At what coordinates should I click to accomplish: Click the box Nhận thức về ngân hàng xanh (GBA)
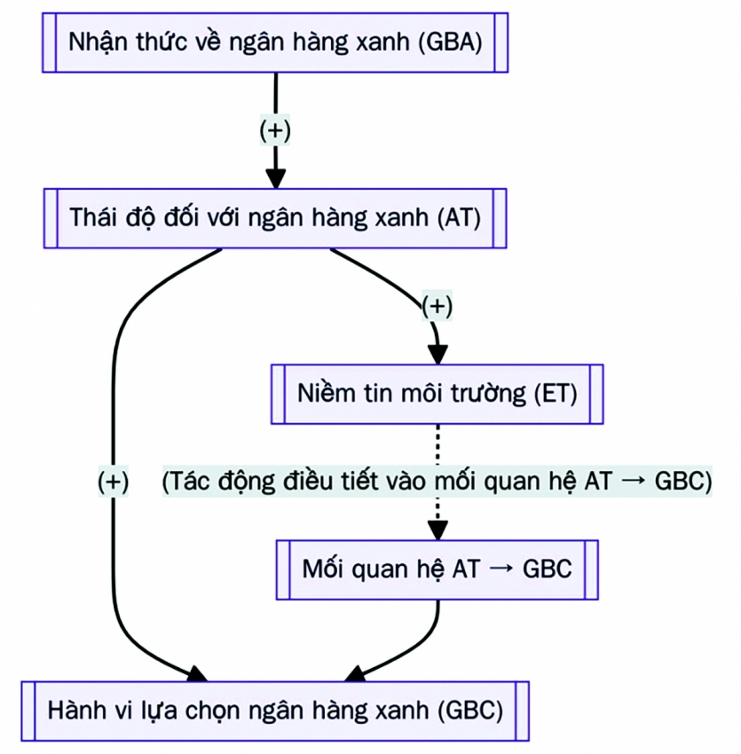275,42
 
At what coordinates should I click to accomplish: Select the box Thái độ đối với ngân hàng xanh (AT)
275,218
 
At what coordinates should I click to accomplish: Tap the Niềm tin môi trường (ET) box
438,393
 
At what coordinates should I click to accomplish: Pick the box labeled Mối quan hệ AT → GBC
438,569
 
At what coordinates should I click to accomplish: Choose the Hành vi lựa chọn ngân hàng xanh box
275,711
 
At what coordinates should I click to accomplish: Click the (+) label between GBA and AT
275,130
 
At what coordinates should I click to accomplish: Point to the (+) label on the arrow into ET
437,306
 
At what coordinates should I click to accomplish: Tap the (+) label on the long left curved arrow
114,482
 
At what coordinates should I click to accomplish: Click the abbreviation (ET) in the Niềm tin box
556,393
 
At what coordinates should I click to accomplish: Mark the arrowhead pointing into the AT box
276,177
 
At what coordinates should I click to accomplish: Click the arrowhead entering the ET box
438,353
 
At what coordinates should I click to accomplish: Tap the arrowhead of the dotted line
438,530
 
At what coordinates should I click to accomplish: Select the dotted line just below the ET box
438,444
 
